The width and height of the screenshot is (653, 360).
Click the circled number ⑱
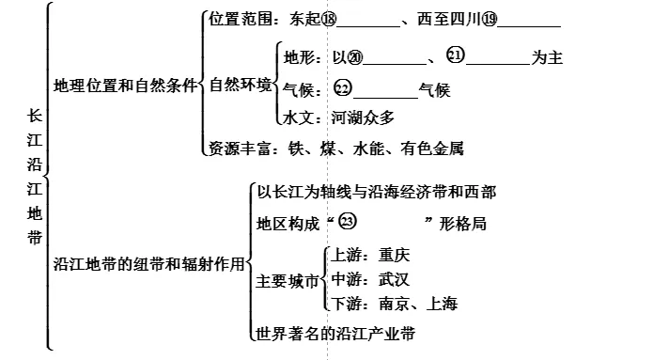click(x=329, y=19)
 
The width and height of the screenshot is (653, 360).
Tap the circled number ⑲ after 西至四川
click(x=490, y=19)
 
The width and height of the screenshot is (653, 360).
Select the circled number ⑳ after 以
click(x=355, y=57)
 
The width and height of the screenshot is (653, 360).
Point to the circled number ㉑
click(x=456, y=55)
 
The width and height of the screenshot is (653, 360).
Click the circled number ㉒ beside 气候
click(x=343, y=88)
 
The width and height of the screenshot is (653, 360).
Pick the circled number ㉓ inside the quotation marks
click(x=348, y=221)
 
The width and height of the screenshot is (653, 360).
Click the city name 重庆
click(x=394, y=255)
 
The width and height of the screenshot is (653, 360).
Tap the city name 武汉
click(x=394, y=279)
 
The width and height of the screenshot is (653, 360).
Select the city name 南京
click(x=394, y=304)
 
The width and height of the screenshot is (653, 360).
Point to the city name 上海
click(x=443, y=304)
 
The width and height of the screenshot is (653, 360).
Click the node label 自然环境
click(x=241, y=85)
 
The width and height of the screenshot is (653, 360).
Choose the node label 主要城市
click(x=287, y=281)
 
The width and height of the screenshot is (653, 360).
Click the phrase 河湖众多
click(x=363, y=117)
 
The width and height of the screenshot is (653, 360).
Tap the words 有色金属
click(x=432, y=149)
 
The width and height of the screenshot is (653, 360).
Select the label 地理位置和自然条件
click(x=125, y=86)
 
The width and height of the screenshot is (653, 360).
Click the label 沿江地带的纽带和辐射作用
click(x=148, y=264)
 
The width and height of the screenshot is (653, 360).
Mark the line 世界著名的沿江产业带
click(x=335, y=334)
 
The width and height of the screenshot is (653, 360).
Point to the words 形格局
click(x=462, y=224)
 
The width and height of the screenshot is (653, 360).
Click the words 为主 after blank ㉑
click(x=547, y=57)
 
